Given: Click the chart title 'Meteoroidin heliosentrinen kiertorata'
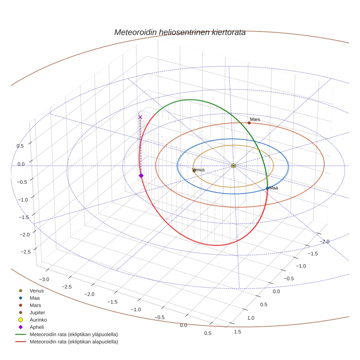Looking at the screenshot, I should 180,32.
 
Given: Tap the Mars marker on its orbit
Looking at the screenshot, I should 249,123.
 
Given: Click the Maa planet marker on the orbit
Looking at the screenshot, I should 267,188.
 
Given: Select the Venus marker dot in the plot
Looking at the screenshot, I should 194,171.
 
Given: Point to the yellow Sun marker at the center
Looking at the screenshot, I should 233,166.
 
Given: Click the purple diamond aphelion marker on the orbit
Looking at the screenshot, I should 141,176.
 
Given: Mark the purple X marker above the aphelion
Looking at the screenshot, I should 140,117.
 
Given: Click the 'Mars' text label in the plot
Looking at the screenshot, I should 255,119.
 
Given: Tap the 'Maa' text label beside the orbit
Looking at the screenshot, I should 274,188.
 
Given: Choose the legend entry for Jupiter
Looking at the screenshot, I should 37,313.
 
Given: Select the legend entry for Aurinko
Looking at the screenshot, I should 38,320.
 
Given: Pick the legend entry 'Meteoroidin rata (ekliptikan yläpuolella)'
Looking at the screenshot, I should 74,334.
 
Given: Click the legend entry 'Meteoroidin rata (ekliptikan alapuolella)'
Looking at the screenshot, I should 74,342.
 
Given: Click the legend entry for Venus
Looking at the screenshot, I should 37,291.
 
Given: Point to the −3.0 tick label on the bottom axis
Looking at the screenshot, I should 44,279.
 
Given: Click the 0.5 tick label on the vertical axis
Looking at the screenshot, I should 20,146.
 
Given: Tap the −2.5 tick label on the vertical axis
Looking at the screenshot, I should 25,252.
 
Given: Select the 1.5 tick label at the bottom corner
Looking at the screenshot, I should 237,331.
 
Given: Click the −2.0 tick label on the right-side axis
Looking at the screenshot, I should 325,241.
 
